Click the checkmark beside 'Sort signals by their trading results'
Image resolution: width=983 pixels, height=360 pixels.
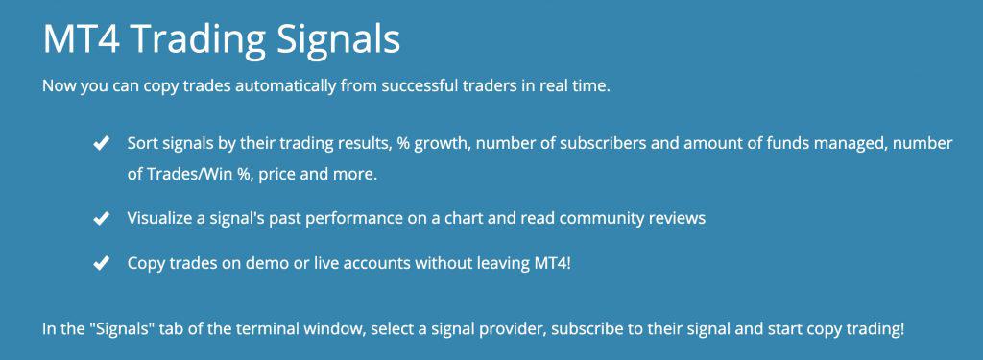pos(99,144)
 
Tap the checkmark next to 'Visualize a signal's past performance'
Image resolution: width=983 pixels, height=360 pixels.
pos(99,219)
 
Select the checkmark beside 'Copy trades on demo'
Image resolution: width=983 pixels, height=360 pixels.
pos(99,263)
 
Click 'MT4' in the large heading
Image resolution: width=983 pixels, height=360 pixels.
pos(81,39)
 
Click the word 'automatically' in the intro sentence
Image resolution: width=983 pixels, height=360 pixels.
pos(271,86)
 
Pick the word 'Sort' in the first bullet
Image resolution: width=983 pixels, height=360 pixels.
pos(143,143)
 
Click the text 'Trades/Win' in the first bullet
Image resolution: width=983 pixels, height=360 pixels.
pos(186,176)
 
